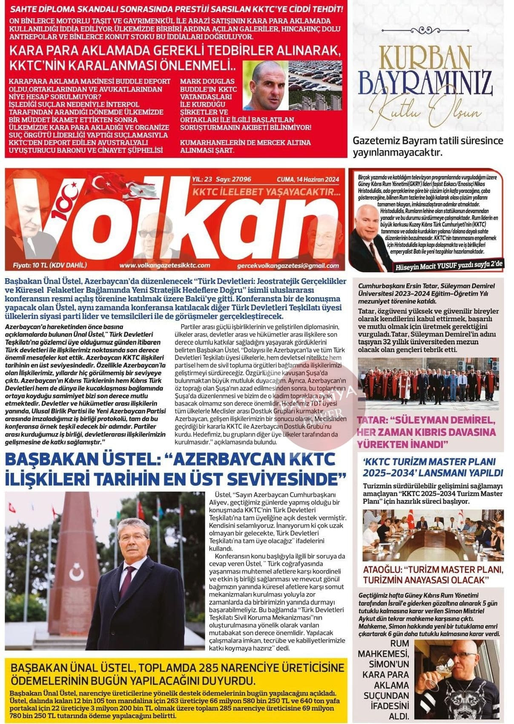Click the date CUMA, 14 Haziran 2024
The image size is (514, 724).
(x=308, y=180)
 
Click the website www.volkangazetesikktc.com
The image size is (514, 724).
(x=164, y=265)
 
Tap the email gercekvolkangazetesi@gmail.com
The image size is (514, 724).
(x=288, y=266)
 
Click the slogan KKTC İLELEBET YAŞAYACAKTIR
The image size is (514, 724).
(x=267, y=192)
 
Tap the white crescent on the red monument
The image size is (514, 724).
(x=76, y=574)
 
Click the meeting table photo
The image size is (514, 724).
(x=433, y=535)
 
